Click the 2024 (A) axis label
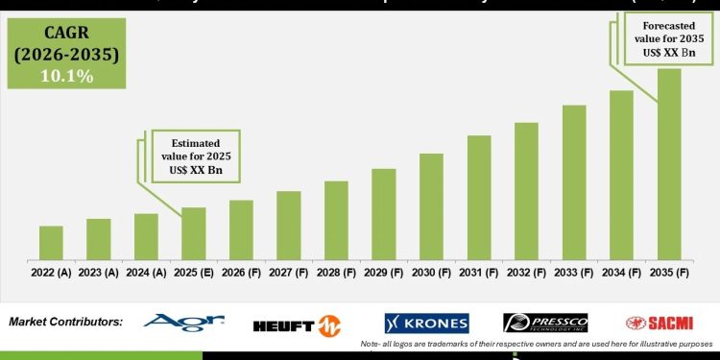tap(146, 272)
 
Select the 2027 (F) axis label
tap(289, 272)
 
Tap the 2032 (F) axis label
tap(526, 272)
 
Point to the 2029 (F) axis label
tap(384, 272)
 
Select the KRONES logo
tap(426, 324)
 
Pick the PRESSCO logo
tap(544, 324)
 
